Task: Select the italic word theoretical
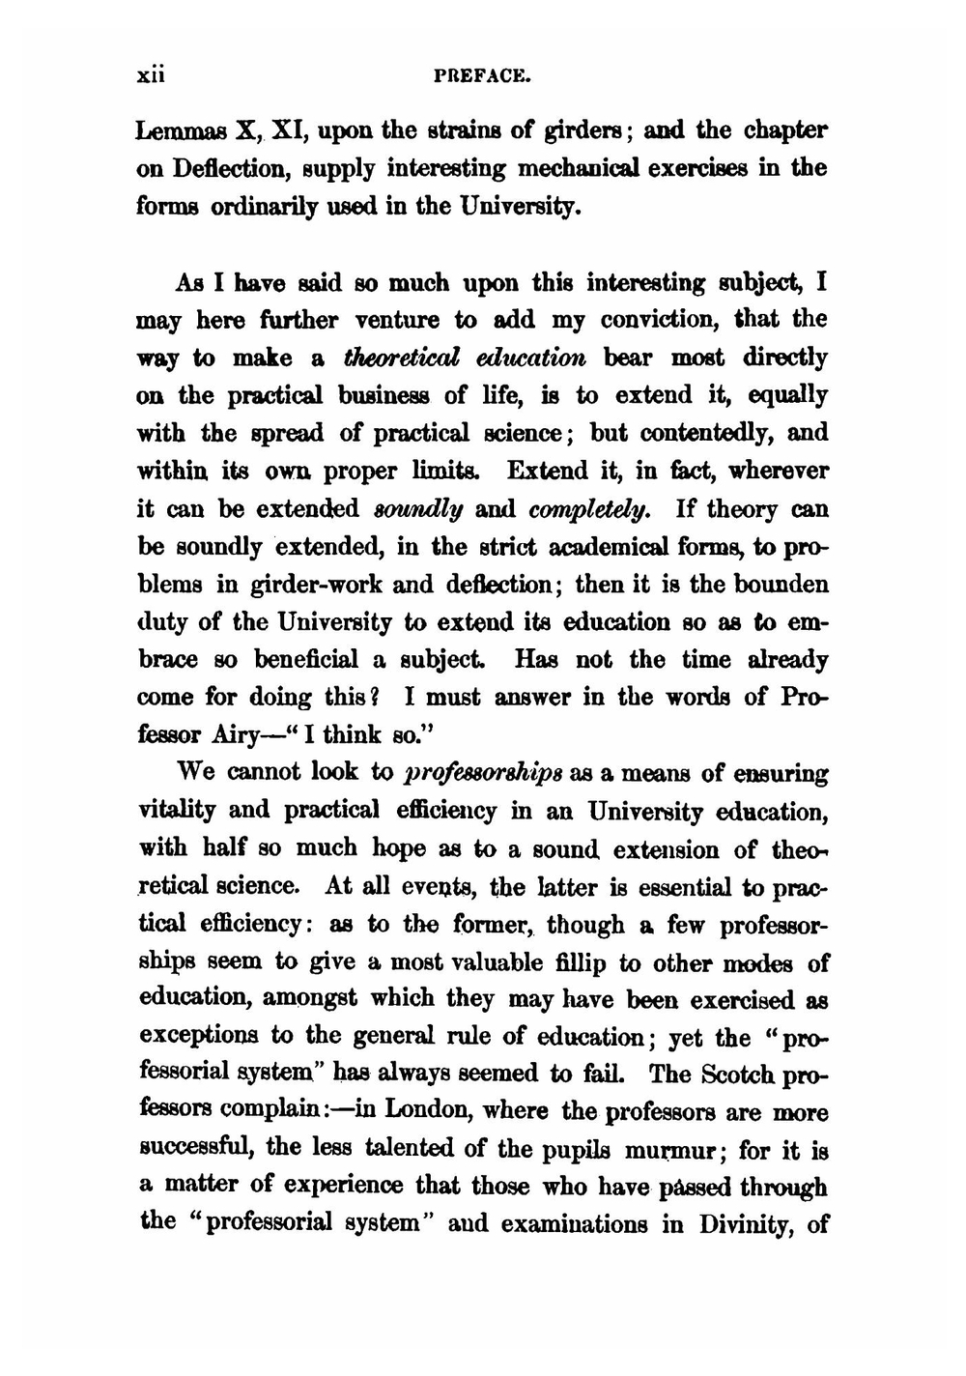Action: point(396,358)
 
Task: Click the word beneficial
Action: point(313,661)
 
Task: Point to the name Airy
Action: point(237,736)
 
